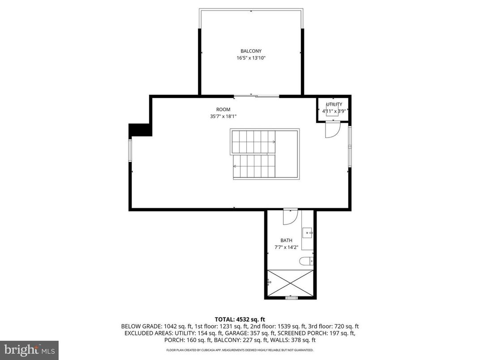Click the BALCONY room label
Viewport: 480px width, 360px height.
(x=251, y=51)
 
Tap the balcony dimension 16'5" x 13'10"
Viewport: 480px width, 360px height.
(x=251, y=58)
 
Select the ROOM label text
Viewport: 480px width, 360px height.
(x=223, y=109)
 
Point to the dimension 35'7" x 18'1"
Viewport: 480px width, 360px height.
(x=223, y=116)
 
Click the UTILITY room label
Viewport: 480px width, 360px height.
(x=334, y=104)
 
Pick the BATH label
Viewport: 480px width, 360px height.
(x=287, y=240)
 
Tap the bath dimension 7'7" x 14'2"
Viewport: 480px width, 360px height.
(x=287, y=247)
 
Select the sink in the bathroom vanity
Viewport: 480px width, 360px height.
(x=307, y=232)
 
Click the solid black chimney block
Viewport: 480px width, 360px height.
(x=141, y=130)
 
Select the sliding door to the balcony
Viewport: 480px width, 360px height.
(x=256, y=96)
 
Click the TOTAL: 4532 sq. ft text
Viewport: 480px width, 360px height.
(x=240, y=319)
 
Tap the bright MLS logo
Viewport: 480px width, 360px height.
(x=29, y=350)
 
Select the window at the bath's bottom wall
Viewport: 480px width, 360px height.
(x=291, y=298)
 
